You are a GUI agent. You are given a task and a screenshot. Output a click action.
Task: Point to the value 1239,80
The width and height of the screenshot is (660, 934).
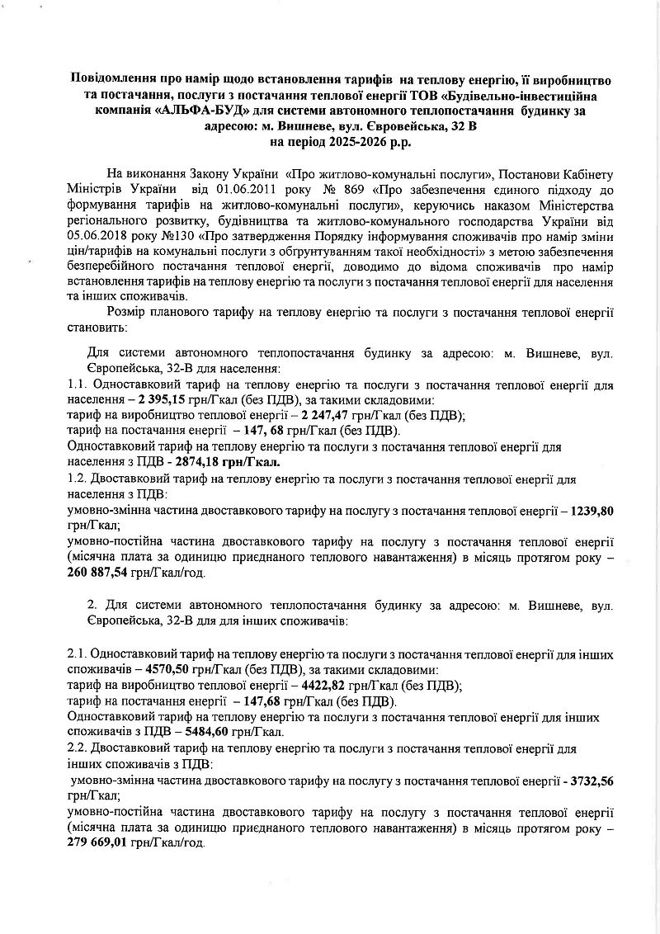coord(592,510)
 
